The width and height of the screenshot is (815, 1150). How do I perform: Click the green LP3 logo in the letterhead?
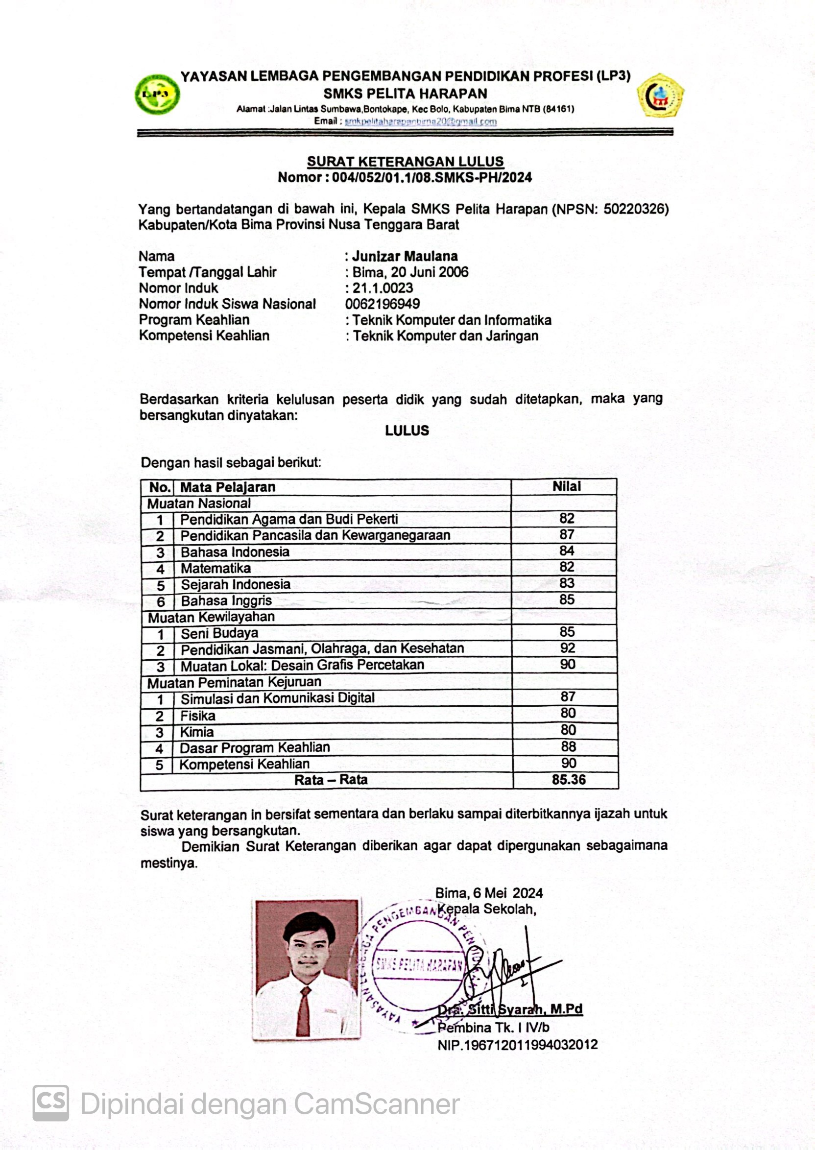coord(157,95)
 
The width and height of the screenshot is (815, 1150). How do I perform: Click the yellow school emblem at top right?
coord(660,96)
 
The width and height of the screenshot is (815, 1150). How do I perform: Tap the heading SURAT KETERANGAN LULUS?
coord(405,162)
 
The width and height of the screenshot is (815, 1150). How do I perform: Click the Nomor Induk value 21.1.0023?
coord(383,288)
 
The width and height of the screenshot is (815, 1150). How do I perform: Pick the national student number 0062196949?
coord(383,304)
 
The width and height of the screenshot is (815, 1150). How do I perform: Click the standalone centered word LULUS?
coord(407,431)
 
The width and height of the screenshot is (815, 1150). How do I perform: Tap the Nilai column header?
coord(567,486)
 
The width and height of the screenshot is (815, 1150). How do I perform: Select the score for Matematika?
coord(567,567)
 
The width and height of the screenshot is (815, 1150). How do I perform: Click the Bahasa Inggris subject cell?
coord(226,600)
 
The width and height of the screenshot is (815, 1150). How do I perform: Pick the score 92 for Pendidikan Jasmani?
coord(568,648)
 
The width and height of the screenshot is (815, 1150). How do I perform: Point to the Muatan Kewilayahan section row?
coord(211,617)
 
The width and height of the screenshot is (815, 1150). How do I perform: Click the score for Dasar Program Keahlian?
coord(568,746)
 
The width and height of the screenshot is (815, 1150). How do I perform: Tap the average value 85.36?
coord(569,780)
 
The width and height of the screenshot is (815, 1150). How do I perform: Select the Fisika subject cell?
coord(198,716)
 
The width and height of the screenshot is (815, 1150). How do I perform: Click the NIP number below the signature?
coord(517,1045)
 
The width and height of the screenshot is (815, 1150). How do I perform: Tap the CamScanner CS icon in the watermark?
coord(50,1103)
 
